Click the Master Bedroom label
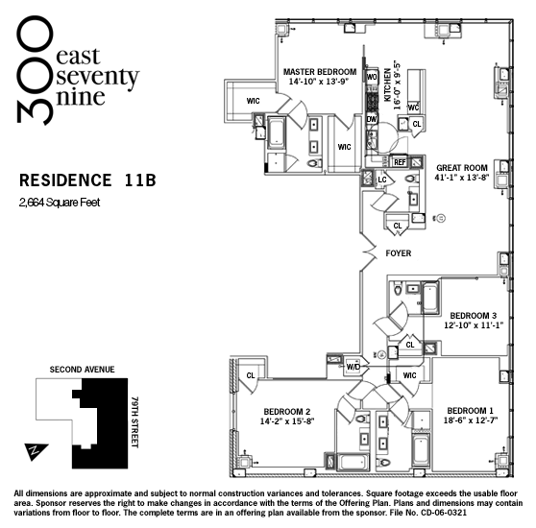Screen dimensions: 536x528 [x=320, y=72]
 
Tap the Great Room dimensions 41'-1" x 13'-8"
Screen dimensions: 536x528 [x=462, y=178]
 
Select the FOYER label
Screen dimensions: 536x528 [x=399, y=253]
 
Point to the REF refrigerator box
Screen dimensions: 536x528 [x=400, y=162]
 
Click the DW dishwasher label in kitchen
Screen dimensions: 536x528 [x=372, y=119]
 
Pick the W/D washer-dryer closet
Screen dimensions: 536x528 [x=353, y=367]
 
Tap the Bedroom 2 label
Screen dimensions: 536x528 [x=287, y=412]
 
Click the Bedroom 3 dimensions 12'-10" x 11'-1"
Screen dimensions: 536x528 [x=474, y=325]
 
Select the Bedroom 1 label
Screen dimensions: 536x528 [x=471, y=411]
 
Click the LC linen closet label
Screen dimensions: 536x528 [x=382, y=180]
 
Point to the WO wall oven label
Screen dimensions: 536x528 [x=372, y=77]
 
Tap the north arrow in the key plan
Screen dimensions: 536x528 [x=36, y=451]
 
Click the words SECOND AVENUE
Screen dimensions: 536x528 [x=82, y=370]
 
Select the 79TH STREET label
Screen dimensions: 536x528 [x=135, y=421]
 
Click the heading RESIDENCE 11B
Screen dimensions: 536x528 [x=87, y=180]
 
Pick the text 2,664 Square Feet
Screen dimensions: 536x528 [x=60, y=203]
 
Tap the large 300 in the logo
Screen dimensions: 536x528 [x=35, y=70]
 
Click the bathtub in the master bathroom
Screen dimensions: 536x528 [x=276, y=132]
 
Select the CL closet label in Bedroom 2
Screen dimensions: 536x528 [x=251, y=375]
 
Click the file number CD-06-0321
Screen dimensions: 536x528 [x=444, y=513]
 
